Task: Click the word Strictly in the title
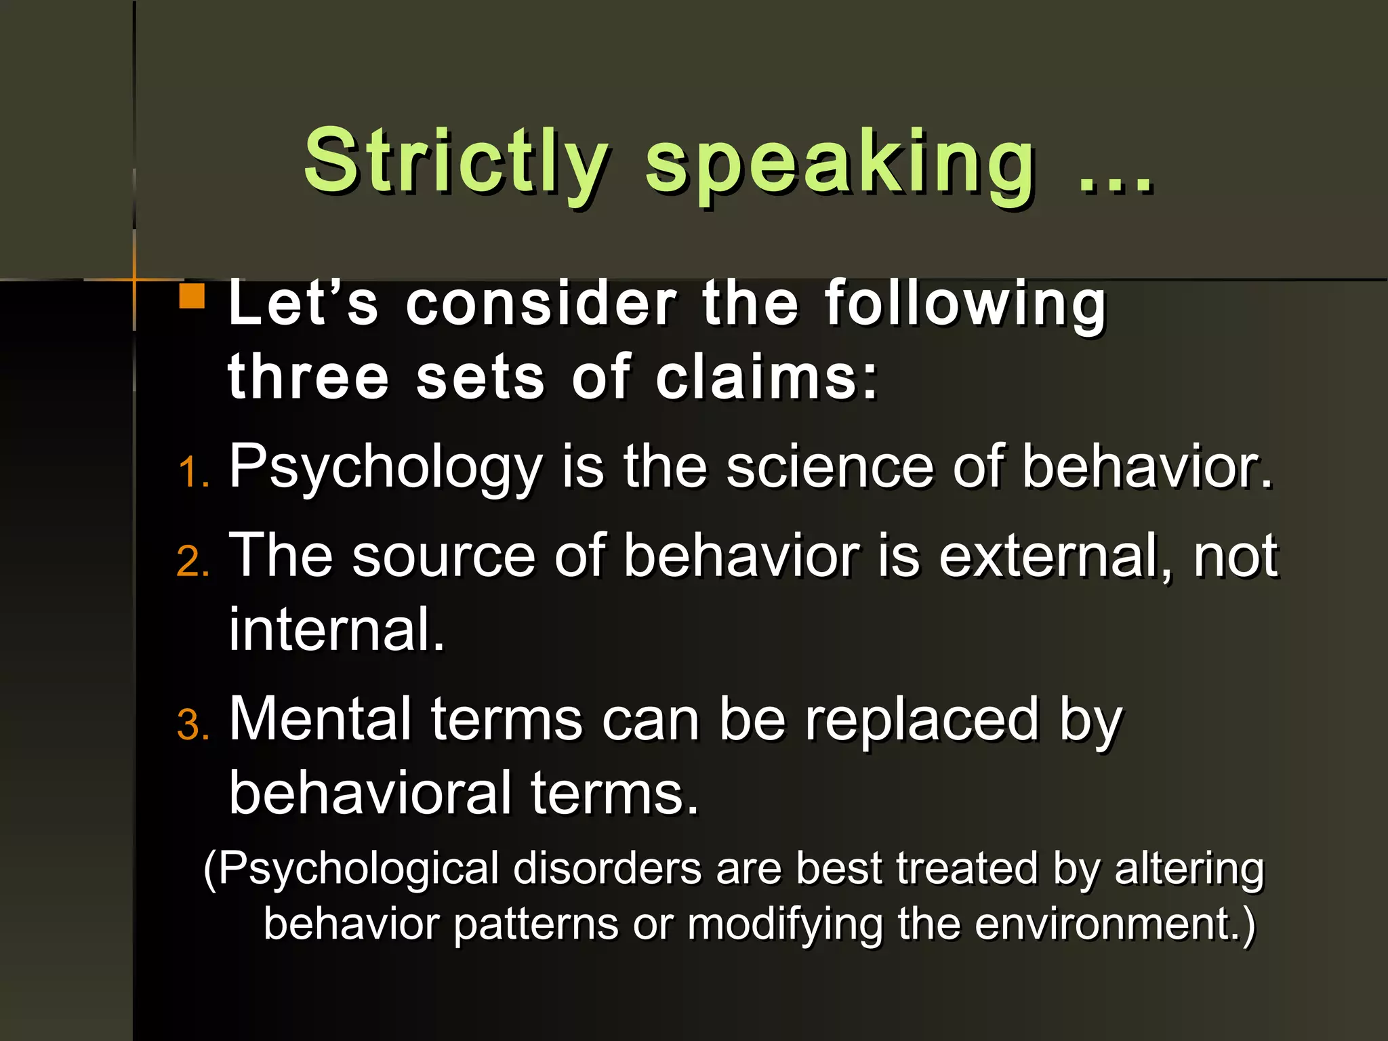click(x=455, y=163)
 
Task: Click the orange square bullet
click(x=192, y=296)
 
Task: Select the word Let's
click(x=303, y=303)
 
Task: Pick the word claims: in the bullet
click(x=767, y=377)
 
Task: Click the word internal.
click(x=336, y=630)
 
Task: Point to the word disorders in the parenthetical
click(x=607, y=868)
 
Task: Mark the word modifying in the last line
click(x=785, y=925)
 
